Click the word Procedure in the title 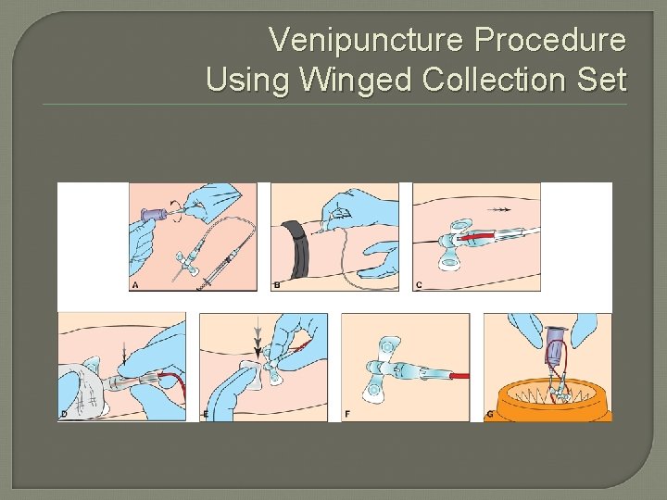pyautogui.click(x=550, y=41)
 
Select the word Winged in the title pyautogui.click(x=356, y=80)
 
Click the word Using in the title pyautogui.click(x=247, y=80)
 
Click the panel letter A pyautogui.click(x=136, y=285)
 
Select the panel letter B pyautogui.click(x=277, y=285)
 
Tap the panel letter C pyautogui.click(x=419, y=285)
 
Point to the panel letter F pyautogui.click(x=347, y=414)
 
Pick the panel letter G pyautogui.click(x=489, y=414)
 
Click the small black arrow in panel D pyautogui.click(x=126, y=350)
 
